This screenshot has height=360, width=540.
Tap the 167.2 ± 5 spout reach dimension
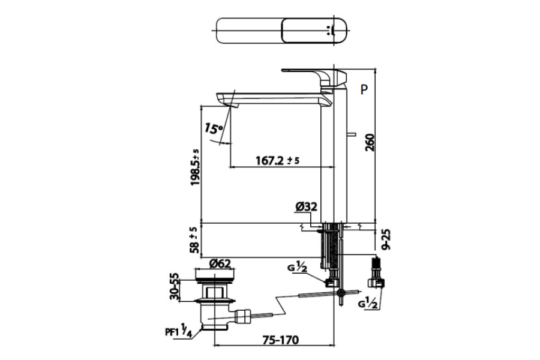[278, 161]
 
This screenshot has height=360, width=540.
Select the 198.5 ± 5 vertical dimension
[195, 167]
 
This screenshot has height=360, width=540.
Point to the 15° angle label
[214, 128]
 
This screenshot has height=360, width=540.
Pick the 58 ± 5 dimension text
[195, 240]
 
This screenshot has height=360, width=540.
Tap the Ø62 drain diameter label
[220, 263]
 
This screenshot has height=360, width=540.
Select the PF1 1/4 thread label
[178, 332]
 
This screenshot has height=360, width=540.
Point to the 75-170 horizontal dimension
[281, 340]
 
